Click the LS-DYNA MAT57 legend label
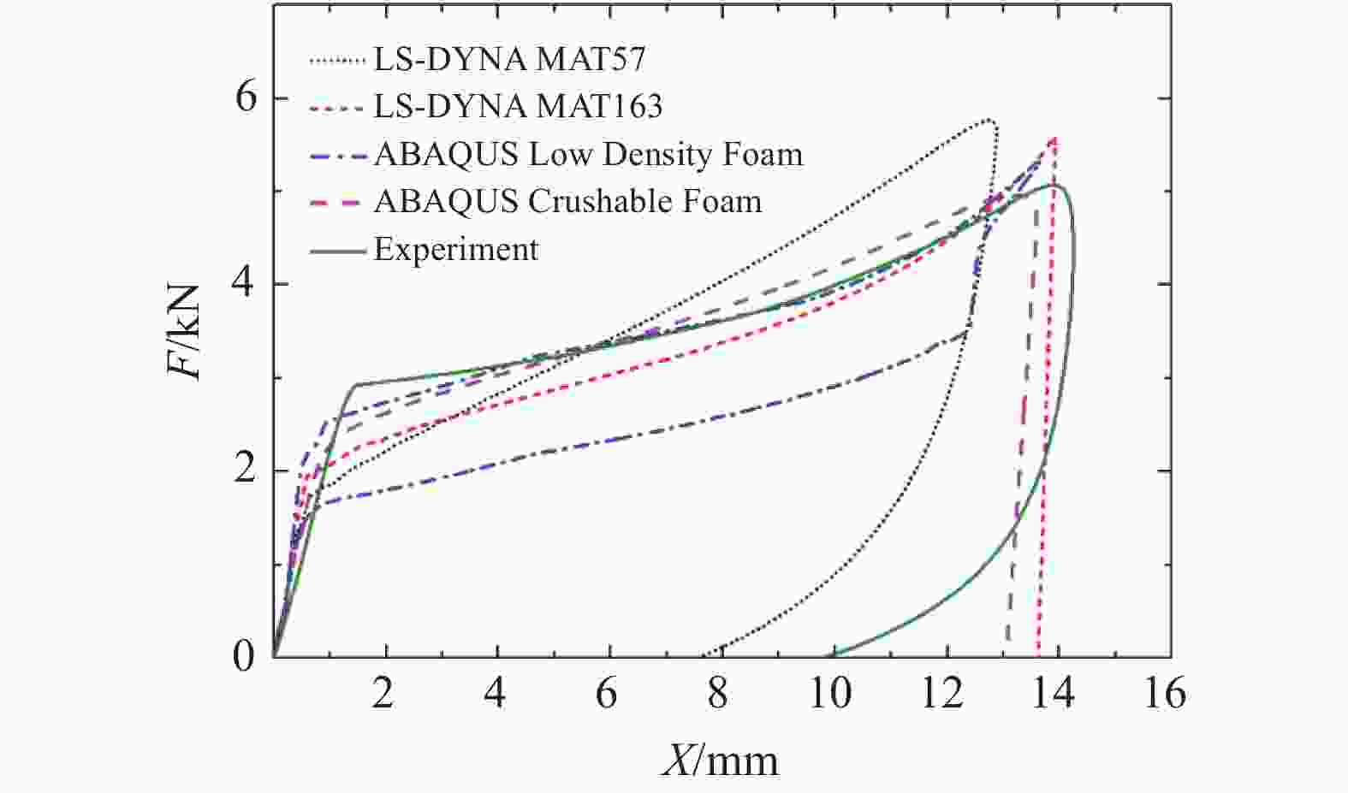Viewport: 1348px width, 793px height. (509, 60)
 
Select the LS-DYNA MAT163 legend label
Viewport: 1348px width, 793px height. (518, 107)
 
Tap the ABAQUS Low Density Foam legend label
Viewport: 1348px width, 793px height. (588, 155)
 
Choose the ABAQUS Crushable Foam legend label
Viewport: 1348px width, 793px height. (567, 202)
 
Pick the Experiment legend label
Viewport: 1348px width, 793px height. (456, 250)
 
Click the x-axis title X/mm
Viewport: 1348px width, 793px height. (719, 760)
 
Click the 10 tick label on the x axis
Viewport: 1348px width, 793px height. (830, 693)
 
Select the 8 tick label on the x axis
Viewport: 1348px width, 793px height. (718, 693)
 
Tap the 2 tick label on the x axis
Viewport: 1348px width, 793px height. (383, 693)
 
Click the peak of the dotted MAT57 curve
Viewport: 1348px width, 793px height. (989, 120)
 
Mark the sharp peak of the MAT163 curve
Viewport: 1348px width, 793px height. (1054, 137)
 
